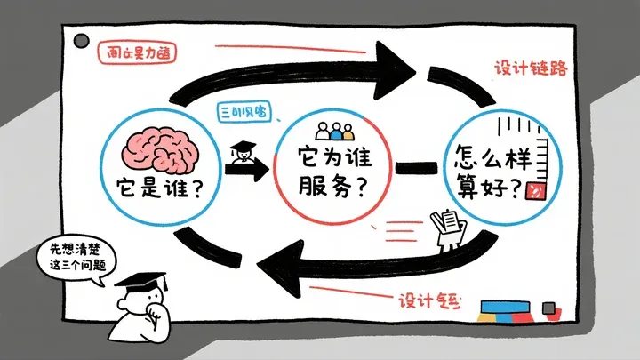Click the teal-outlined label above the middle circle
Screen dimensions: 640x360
[x=244, y=113]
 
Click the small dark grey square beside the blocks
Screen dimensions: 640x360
[x=548, y=308]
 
